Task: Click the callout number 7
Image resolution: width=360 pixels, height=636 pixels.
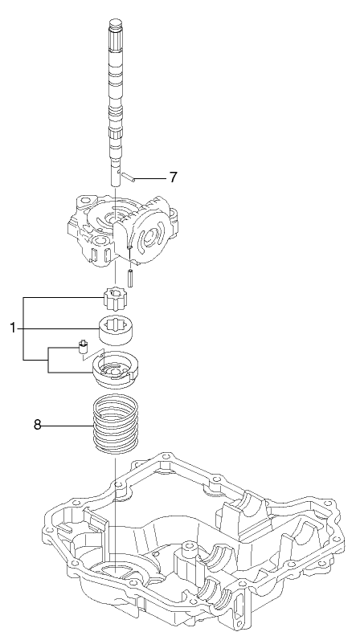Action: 171,176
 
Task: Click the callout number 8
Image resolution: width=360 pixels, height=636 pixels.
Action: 37,423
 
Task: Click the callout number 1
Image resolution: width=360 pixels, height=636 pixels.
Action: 13,328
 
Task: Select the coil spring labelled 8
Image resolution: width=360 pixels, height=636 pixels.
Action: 117,426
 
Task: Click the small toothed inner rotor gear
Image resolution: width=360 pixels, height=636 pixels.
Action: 117,303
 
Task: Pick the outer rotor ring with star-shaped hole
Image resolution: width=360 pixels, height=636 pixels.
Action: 117,329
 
